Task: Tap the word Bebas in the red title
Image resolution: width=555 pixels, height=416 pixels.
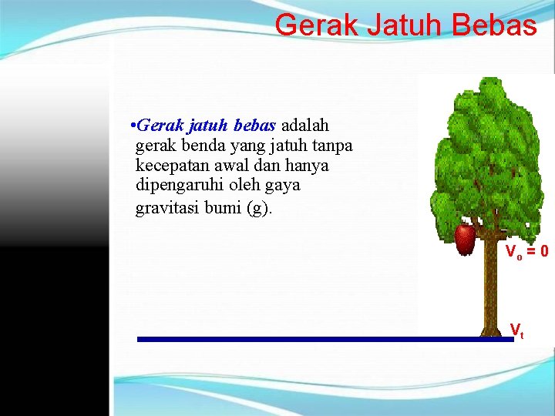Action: tap(493, 25)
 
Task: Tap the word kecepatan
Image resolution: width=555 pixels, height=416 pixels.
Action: tap(173, 166)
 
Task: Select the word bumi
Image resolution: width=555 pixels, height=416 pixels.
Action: tap(224, 208)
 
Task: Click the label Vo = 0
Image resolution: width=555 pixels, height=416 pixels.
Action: tap(526, 251)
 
